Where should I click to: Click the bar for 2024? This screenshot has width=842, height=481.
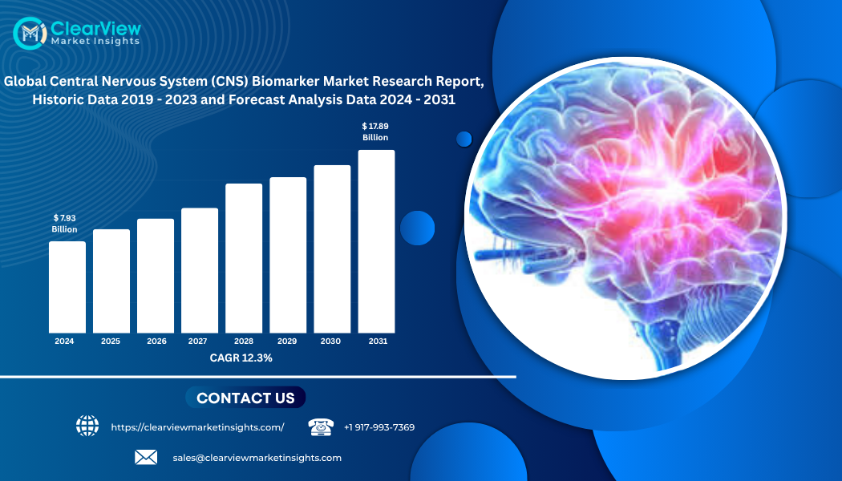click(67, 287)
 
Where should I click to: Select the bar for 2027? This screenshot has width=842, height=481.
click(200, 271)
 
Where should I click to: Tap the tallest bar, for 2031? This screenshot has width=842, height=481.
click(376, 241)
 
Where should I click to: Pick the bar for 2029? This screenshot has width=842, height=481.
click(288, 255)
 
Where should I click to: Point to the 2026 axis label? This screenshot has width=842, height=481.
click(157, 341)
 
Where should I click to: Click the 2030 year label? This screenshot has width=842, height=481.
click(330, 341)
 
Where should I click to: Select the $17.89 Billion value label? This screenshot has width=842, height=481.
click(375, 131)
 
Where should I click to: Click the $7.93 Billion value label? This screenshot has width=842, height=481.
click(64, 224)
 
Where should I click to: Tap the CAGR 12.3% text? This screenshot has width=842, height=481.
click(241, 358)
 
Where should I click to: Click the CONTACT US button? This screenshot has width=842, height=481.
click(245, 398)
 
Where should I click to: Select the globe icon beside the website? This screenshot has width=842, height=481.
click(87, 426)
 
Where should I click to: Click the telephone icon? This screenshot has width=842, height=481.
click(321, 426)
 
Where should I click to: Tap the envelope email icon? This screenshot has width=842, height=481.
click(146, 458)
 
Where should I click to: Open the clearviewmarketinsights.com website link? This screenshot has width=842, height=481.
click(197, 427)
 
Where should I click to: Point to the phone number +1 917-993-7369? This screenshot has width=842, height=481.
click(379, 427)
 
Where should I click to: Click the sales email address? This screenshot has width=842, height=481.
click(257, 458)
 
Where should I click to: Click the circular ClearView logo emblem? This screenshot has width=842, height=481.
click(30, 34)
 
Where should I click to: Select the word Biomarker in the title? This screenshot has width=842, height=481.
click(285, 81)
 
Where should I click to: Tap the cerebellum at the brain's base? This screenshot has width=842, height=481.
click(719, 310)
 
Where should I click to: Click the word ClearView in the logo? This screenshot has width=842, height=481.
click(95, 28)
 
